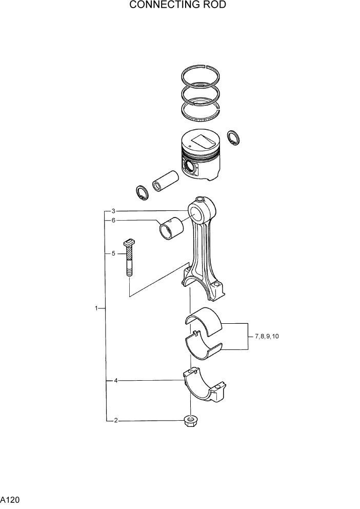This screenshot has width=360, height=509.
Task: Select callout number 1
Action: pyautogui.click(x=96, y=308)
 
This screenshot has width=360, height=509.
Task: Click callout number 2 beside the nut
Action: pyautogui.click(x=116, y=421)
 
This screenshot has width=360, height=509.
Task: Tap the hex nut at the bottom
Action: pyautogui.click(x=191, y=421)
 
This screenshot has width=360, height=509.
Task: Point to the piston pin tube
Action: pyautogui.click(x=165, y=180)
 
